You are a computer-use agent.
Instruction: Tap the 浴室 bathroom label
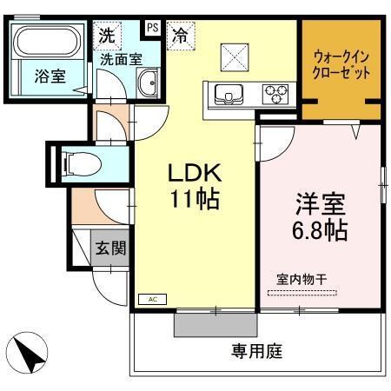[50, 76]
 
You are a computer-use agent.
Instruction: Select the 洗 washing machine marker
[105, 36]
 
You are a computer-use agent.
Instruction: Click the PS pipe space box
[152, 28]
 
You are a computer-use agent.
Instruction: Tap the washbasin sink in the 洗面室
[146, 85]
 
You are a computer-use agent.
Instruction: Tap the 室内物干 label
[302, 280]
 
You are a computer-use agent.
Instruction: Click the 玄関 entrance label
[110, 248]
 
